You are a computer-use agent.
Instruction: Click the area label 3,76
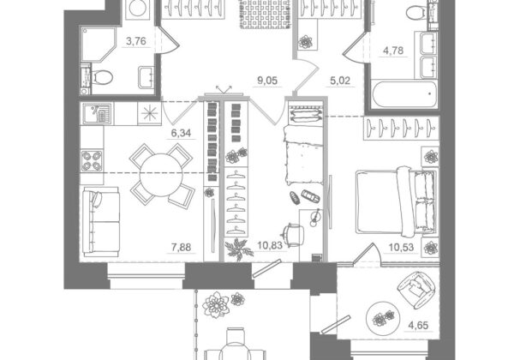136,41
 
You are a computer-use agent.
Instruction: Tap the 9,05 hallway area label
267,81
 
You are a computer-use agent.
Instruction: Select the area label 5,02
340,81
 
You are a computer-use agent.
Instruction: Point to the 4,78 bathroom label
393,51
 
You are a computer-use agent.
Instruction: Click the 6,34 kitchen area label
181,133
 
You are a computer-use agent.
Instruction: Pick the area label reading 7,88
181,247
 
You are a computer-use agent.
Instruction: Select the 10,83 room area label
270,245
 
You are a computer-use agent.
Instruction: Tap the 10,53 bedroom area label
401,247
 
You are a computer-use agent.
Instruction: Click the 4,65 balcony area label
418,326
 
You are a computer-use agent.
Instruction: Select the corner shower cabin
99,45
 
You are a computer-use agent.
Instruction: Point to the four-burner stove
92,160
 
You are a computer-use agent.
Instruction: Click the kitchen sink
97,113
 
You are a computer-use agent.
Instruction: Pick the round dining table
161,175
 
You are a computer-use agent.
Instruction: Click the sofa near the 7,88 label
100,222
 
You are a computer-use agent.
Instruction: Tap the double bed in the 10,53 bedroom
397,201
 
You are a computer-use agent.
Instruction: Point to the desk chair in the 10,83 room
292,235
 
